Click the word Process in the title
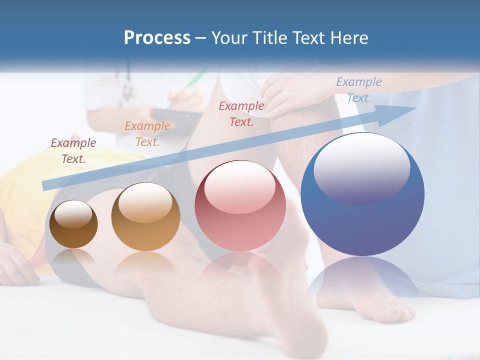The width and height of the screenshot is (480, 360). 157,38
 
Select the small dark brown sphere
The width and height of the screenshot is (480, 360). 73,224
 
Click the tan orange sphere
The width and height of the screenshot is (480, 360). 145,217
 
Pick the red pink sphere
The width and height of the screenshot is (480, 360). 240,206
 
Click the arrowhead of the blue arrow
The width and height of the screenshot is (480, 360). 400,111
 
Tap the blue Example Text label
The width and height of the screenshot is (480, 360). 358,90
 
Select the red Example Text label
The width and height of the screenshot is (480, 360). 241,114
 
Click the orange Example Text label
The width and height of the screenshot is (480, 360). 147,134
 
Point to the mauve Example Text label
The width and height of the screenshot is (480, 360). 73,151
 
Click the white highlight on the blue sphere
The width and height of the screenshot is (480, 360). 361,168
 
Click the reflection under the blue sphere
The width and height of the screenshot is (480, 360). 362,280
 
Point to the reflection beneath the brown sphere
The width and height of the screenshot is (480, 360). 73,260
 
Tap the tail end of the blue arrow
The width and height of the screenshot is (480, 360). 47,185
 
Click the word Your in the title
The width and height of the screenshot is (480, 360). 230,38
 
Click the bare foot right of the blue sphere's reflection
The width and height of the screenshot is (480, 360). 395,310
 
